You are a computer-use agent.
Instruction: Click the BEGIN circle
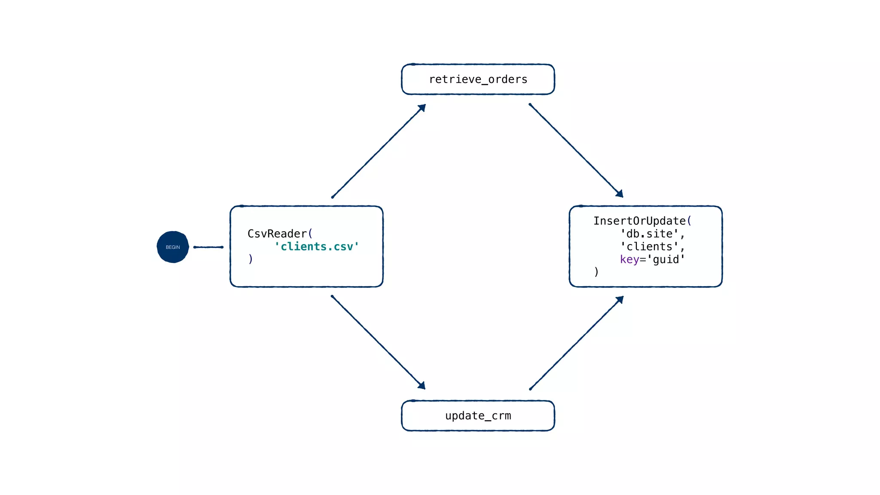173,247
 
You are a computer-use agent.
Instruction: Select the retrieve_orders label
478,79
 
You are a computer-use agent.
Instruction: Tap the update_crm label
478,416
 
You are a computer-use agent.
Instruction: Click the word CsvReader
277,234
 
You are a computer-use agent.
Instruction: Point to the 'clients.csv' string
317,247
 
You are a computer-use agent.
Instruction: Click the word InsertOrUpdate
639,221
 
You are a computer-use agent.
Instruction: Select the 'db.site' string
649,234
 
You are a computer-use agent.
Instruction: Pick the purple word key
629,260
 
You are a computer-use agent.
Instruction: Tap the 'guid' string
666,260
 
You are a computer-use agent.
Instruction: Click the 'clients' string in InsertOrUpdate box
649,247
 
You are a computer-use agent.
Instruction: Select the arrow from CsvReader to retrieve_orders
378,151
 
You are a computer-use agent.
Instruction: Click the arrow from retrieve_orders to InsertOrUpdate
576,150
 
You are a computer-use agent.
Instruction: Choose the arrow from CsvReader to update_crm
378,342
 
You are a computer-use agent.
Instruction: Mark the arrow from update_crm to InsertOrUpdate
576,343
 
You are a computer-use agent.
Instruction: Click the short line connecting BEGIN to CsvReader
208,247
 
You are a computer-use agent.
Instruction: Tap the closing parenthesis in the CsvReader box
251,259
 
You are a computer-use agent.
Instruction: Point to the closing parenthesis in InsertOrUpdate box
596,272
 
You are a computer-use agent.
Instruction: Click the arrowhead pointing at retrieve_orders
422,107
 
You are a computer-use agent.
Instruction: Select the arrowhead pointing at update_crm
422,386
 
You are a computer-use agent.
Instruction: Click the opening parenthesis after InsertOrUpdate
689,221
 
